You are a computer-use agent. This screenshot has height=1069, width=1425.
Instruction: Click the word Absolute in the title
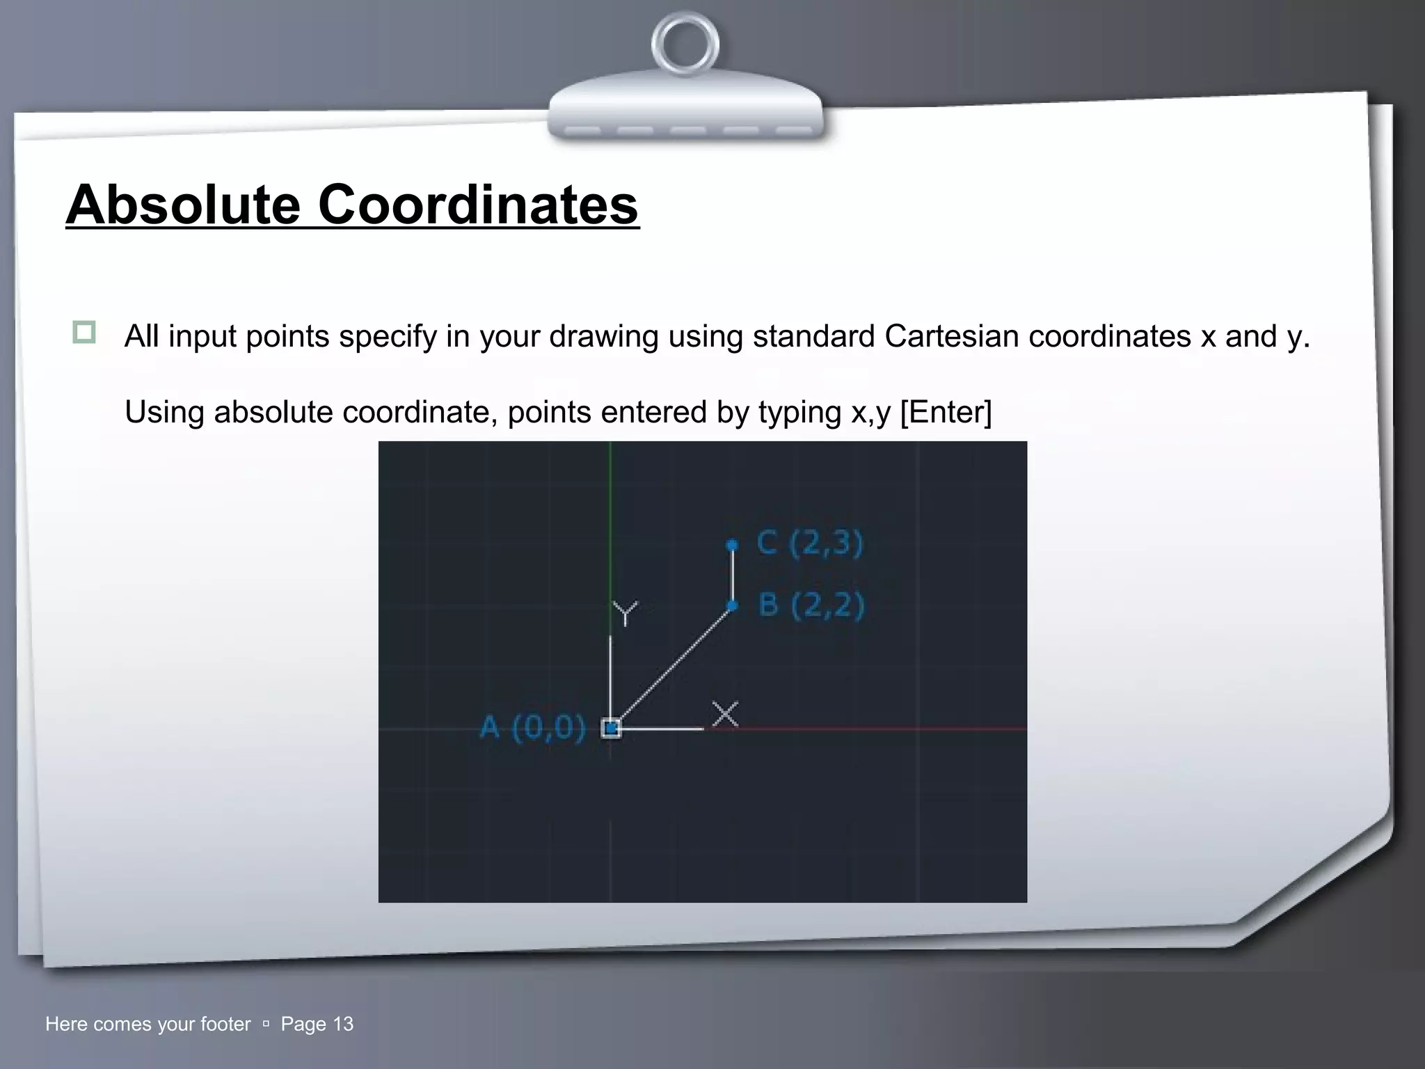[183, 205]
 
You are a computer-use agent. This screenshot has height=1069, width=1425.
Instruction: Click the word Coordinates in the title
[478, 205]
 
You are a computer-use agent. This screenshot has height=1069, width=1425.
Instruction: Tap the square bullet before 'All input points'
[84, 332]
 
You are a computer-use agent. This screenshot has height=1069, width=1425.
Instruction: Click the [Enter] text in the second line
[946, 412]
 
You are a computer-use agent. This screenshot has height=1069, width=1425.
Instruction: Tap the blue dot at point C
[731, 545]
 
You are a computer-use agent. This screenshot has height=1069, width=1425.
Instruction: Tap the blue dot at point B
[731, 605]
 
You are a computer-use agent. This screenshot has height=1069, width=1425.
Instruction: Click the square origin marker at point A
[611, 729]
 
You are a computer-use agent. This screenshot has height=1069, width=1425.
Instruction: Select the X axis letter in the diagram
[725, 714]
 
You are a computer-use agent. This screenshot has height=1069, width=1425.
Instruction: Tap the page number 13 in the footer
[343, 1024]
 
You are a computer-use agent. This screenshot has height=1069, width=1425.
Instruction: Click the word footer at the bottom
[225, 1024]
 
